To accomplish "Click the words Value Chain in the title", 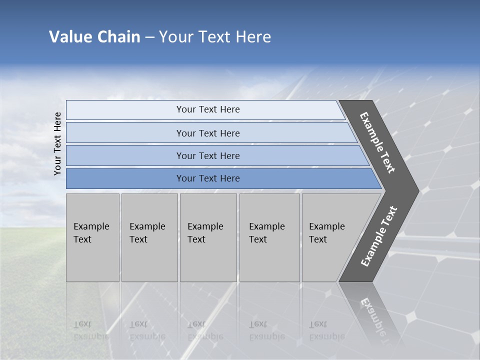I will pyautogui.click(x=94, y=36).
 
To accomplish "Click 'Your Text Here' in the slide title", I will pyautogui.click(x=215, y=36).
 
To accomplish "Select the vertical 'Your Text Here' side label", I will pyautogui.click(x=57, y=143).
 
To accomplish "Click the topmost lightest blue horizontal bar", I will pyautogui.click(x=208, y=109).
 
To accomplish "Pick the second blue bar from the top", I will pyautogui.click(x=208, y=133).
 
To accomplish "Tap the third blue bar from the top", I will pyautogui.click(x=208, y=155).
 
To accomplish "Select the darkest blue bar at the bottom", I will pyautogui.click(x=208, y=178).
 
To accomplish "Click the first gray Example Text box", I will pyautogui.click(x=92, y=238).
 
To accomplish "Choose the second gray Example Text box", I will pyautogui.click(x=149, y=238).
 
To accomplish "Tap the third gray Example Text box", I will pyautogui.click(x=208, y=238).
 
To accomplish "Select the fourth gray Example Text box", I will pyautogui.click(x=269, y=238).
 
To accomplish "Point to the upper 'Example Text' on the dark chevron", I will pyautogui.click(x=377, y=142).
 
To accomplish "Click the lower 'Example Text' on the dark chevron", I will pyautogui.click(x=378, y=236).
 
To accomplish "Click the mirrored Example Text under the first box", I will pyautogui.click(x=91, y=330).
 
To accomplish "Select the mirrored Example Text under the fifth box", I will pyautogui.click(x=326, y=330).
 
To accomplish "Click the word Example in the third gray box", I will pyautogui.click(x=205, y=226).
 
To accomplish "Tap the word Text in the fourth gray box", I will pyautogui.click(x=258, y=239).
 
